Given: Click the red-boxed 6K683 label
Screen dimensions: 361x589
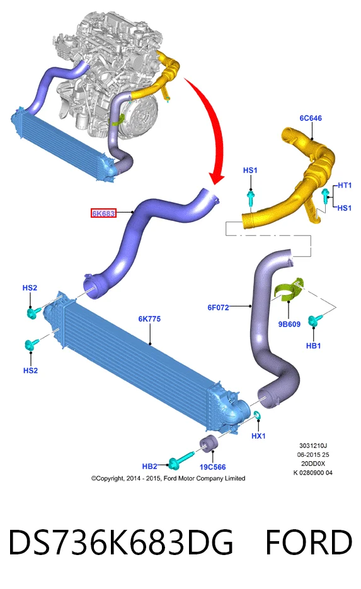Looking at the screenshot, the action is click(103, 213).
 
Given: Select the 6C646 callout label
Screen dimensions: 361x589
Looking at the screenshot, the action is click(311, 118).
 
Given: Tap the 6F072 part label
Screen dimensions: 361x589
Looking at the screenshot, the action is click(218, 307).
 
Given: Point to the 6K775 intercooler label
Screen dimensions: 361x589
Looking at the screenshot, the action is click(149, 318).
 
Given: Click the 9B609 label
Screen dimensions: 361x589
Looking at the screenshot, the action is click(289, 324).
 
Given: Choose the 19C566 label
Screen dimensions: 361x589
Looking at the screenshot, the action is click(212, 467).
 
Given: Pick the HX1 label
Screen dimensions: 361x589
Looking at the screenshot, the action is click(258, 435).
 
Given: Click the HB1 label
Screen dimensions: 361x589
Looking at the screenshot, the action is click(313, 345).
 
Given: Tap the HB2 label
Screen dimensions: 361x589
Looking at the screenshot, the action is click(149, 466).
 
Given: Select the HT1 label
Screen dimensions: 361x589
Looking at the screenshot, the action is click(345, 185).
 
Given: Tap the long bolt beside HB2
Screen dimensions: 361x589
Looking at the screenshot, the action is click(180, 461).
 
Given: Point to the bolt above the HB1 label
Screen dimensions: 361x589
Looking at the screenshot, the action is click(314, 320).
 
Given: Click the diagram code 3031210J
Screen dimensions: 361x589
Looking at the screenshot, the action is click(313, 446).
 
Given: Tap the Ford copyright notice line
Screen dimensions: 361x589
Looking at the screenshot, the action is click(168, 478).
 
